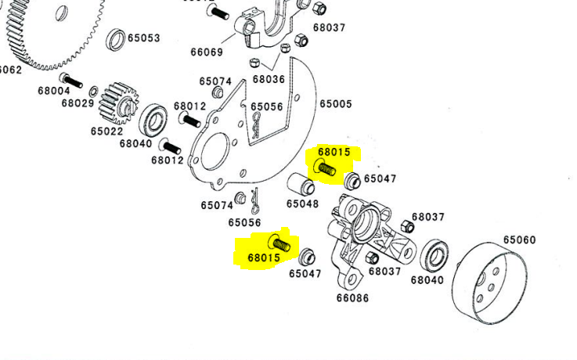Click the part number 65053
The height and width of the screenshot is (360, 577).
coord(144,38)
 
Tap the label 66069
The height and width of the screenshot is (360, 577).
coord(207,52)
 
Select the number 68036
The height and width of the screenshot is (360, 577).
coord(269,79)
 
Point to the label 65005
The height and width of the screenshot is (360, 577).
coord(336,103)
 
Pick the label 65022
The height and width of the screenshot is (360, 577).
coord(106,131)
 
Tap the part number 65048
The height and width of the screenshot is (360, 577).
coord(302,203)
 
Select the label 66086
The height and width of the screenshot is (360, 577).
coord(352,297)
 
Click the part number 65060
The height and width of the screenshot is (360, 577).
coord(519,239)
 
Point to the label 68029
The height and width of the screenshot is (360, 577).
coord(78,103)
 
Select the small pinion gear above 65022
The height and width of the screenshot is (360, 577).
coord(121,102)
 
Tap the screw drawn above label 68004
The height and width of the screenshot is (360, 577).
coord(70,80)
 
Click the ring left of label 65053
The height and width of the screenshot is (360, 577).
coord(116,38)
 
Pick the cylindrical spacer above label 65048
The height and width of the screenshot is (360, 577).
coord(301,185)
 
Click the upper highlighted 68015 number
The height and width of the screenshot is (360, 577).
coord(335,152)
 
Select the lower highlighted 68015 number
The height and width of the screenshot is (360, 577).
coord(264,256)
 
